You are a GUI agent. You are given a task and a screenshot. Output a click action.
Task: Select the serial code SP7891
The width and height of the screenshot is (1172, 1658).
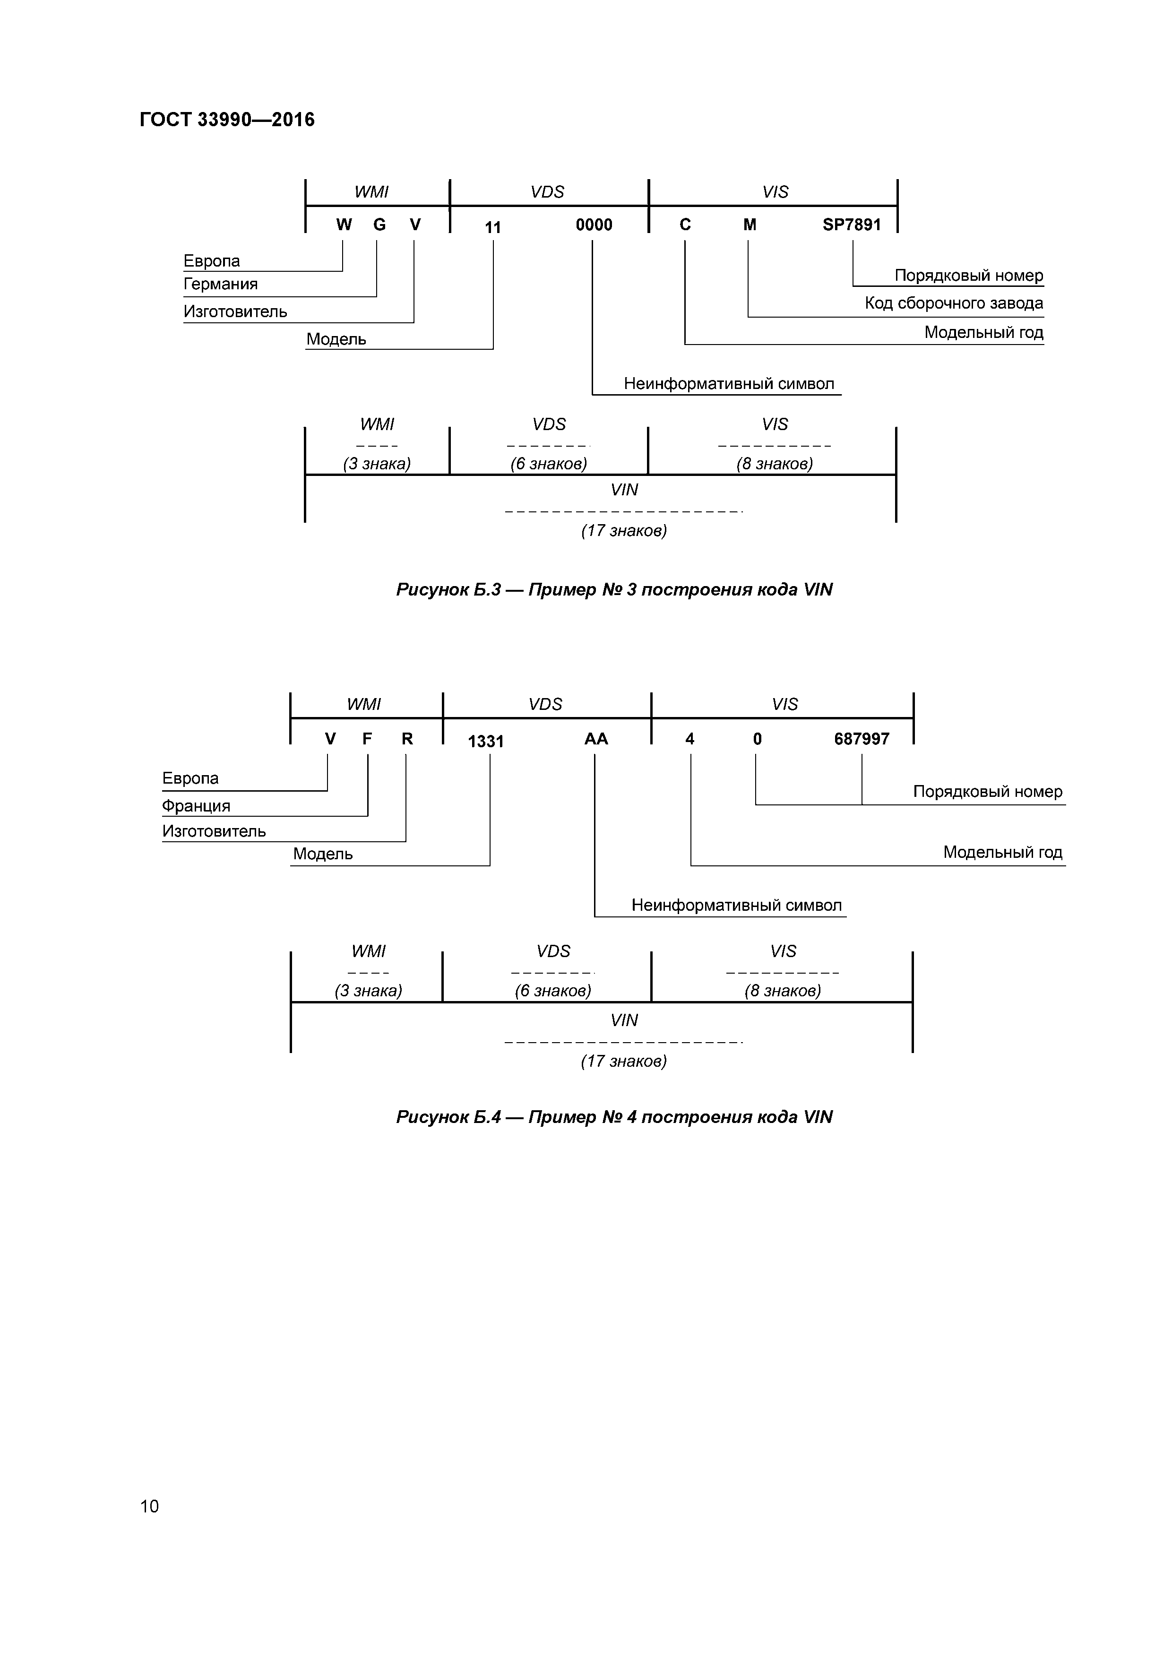coord(852,225)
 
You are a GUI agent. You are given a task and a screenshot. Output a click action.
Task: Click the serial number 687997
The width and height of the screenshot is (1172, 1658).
coord(862,739)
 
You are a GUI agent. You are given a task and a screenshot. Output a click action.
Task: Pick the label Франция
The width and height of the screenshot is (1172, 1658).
coord(196,806)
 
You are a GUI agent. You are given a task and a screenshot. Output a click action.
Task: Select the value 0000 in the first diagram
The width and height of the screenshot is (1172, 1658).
coord(594,225)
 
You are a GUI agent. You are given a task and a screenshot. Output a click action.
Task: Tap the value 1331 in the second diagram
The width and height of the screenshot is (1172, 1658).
coord(485,742)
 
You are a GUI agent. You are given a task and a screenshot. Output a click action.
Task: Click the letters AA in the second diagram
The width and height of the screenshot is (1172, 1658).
coord(596,739)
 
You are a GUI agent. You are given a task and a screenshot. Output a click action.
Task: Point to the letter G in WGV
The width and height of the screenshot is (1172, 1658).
coord(379,225)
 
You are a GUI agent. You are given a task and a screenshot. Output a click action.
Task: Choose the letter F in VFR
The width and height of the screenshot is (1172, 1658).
coord(367,739)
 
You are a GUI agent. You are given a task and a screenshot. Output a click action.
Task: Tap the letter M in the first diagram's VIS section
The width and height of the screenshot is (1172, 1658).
coord(750,225)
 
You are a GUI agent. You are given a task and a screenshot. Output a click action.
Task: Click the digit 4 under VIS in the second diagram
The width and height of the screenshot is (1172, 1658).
coord(689,739)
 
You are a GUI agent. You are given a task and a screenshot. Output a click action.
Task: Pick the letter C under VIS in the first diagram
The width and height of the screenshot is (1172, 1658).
coord(685,225)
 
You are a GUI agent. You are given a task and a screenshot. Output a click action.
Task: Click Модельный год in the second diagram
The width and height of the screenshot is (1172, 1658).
coord(1002,853)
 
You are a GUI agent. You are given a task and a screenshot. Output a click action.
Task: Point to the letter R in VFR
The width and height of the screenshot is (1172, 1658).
coord(407,739)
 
